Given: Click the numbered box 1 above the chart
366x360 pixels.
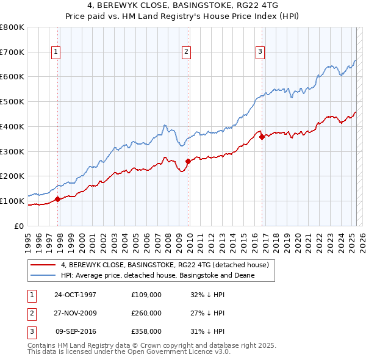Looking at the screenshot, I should (x=56, y=52).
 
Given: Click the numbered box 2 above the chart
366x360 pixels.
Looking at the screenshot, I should (x=185, y=52).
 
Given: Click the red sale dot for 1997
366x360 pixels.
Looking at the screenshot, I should (x=58, y=198).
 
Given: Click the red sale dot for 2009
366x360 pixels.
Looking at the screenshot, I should (x=188, y=161).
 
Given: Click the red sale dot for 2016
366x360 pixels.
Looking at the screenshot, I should (x=262, y=137).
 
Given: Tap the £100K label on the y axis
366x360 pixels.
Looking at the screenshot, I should (x=12, y=201).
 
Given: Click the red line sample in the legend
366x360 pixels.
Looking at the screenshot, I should (x=44, y=265).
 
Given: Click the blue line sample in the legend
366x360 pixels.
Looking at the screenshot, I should (x=44, y=275).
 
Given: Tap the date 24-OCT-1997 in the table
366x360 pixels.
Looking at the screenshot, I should (x=75, y=295).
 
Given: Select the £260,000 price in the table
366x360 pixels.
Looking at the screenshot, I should (x=146, y=313).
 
